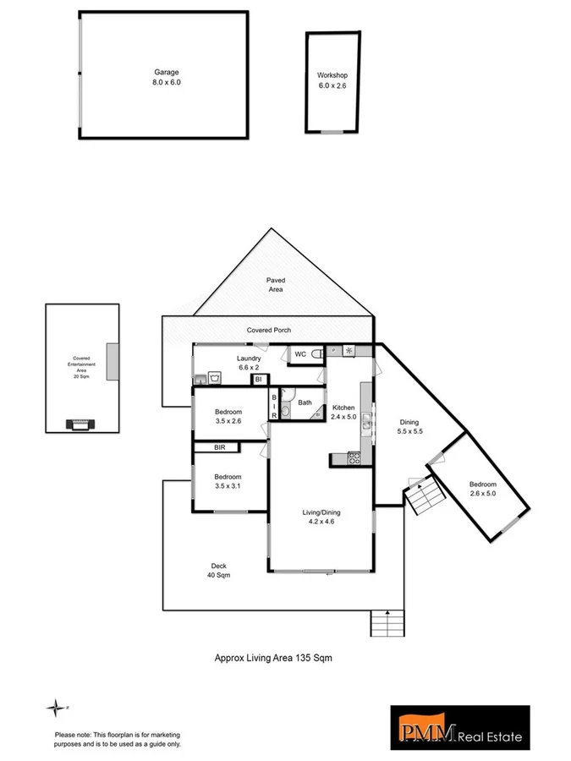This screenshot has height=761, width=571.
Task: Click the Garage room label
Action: click(x=167, y=78)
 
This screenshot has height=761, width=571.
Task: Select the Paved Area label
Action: click(x=276, y=284)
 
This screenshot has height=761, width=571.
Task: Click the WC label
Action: click(x=299, y=354)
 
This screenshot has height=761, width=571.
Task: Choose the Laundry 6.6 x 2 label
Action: click(x=249, y=363)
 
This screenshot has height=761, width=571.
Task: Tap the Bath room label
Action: click(x=305, y=402)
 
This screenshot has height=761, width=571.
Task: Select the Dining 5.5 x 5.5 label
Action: click(x=409, y=426)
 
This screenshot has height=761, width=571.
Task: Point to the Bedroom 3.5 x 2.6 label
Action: click(x=228, y=416)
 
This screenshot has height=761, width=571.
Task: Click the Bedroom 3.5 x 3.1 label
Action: click(x=228, y=481)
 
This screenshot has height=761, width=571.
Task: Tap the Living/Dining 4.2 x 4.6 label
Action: click(x=321, y=517)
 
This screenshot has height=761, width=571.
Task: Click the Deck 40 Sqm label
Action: click(x=219, y=571)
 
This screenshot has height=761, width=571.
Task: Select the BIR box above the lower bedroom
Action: click(x=219, y=446)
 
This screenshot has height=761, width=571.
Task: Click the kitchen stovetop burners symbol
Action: click(x=354, y=458)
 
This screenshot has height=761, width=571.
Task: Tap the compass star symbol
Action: click(x=56, y=707)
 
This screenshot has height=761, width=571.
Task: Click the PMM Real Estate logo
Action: click(x=459, y=727)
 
